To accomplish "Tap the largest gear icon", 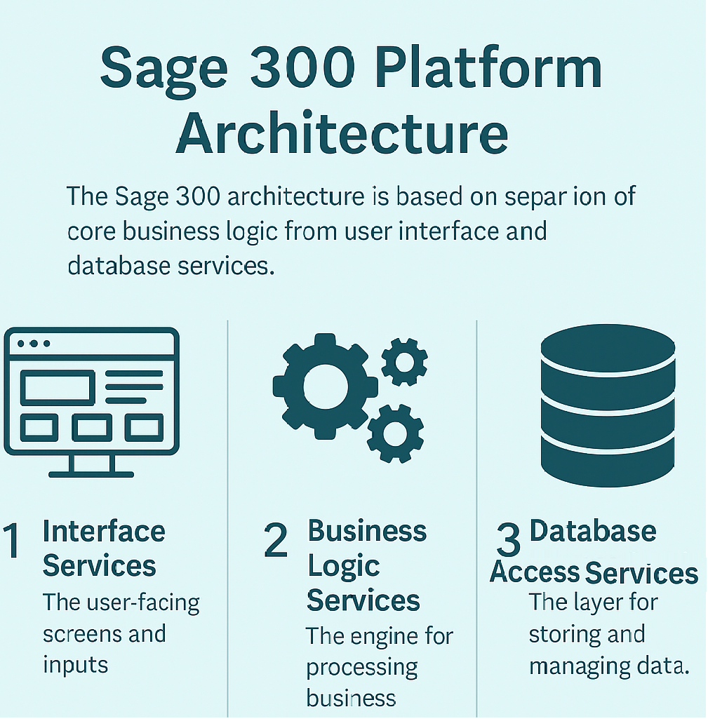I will [x=325, y=385].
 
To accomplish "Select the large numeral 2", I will [x=276, y=542].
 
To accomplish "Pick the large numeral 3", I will [x=507, y=542].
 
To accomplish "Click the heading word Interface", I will [x=104, y=532].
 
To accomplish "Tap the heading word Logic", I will [x=343, y=566].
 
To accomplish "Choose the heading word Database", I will [x=593, y=531].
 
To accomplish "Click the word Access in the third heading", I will [x=535, y=572].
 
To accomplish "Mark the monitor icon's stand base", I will [x=91, y=473].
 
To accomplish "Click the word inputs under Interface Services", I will [x=76, y=664].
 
